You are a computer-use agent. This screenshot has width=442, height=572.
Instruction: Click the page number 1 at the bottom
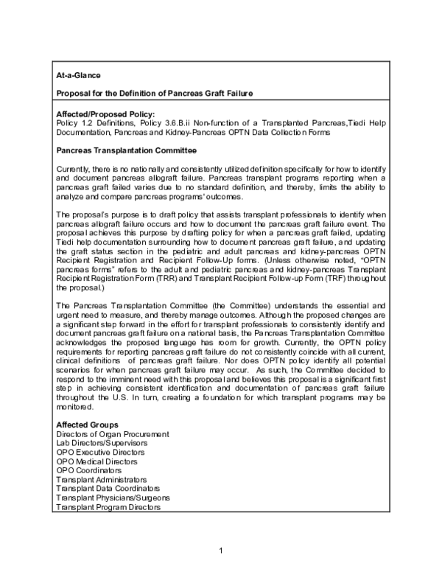pos(220,551)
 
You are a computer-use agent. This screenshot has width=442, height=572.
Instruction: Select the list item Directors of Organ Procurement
pos(113,435)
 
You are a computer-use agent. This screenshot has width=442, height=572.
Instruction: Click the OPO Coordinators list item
pos(88,470)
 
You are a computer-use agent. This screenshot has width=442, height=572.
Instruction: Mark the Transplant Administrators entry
pos(102,479)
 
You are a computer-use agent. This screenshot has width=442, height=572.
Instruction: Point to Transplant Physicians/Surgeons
pos(110,498)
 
